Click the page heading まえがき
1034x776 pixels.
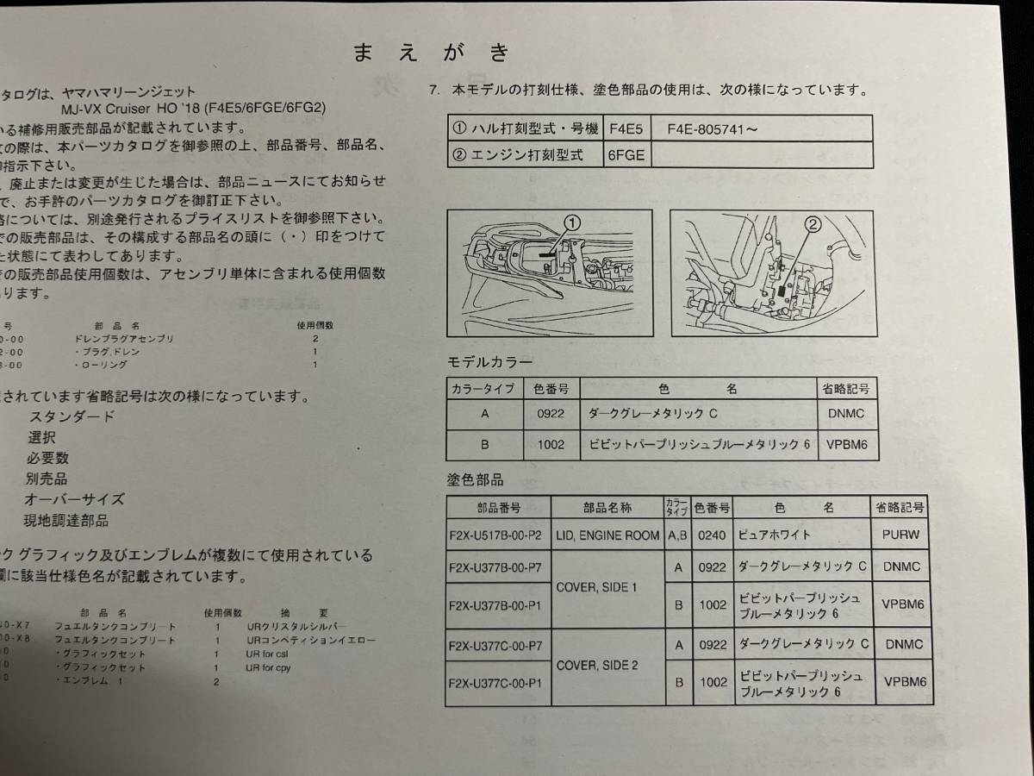[x=432, y=53]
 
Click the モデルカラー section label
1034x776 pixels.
[x=489, y=361]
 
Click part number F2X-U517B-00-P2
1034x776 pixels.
[x=497, y=535]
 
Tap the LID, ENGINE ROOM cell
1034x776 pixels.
[x=607, y=535]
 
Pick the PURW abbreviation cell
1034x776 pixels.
[x=900, y=535]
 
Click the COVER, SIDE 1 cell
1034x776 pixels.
[x=607, y=587]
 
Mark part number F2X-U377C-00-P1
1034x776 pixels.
[x=497, y=683]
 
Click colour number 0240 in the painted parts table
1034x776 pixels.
[x=713, y=535]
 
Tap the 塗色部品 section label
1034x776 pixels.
[x=475, y=479]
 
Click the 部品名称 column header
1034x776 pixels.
[x=607, y=508]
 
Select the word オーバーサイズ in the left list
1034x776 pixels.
[x=75, y=499]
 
